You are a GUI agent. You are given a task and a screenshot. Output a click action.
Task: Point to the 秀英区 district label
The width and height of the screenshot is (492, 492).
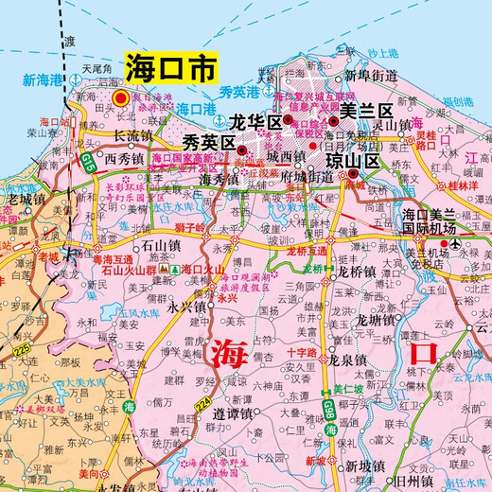pyautogui.click(x=209, y=143)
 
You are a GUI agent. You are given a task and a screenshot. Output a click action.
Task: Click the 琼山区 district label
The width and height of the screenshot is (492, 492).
pyautogui.click(x=352, y=162)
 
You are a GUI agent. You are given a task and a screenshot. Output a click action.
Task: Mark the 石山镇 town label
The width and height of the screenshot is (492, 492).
pyautogui.click(x=147, y=244)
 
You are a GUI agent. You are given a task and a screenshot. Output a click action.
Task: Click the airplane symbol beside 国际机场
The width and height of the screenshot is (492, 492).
pyautogui.click(x=456, y=245)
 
